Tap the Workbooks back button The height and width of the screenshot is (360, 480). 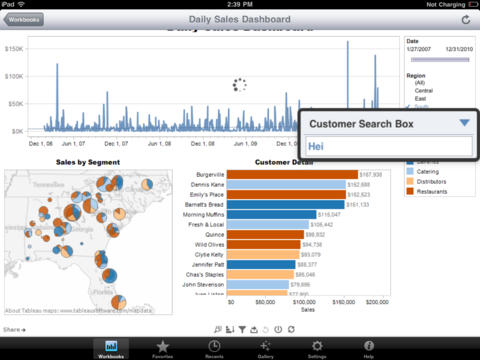(x=25, y=19)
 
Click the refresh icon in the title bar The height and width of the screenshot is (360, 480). (x=465, y=19)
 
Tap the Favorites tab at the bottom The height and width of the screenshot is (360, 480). (x=162, y=347)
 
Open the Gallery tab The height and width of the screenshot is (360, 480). (x=264, y=347)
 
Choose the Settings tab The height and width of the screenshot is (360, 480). (x=317, y=347)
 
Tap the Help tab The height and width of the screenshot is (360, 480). (x=369, y=347)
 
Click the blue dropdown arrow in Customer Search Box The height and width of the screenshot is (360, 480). (x=464, y=123)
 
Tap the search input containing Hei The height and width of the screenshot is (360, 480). (x=388, y=146)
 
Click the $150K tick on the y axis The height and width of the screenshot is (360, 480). (x=15, y=48)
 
